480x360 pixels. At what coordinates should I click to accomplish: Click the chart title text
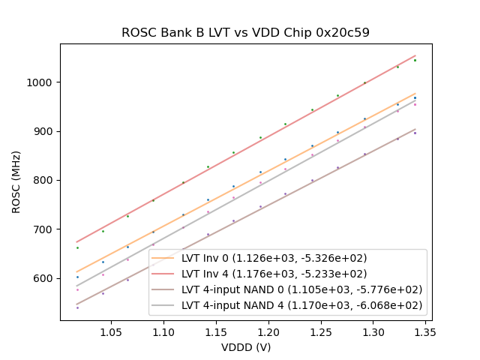coord(245,33)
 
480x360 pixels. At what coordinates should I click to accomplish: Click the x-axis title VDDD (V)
coord(245,347)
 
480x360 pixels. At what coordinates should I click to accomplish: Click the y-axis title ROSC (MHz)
coord(16,182)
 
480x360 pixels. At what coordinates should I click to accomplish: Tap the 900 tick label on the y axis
coord(44,131)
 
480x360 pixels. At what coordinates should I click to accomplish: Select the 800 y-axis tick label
coord(44,180)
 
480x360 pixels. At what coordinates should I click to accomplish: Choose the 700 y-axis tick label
coord(44,229)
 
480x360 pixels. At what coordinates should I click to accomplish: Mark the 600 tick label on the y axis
coord(44,278)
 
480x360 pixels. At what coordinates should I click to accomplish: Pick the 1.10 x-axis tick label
coord(163,331)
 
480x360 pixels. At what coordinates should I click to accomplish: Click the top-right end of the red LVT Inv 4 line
coord(415,55)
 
